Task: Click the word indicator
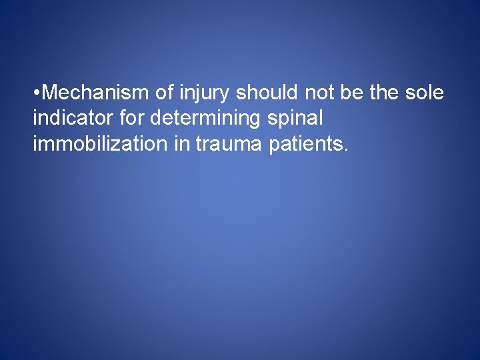[72, 119]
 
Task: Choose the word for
[131, 119]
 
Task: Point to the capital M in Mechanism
[48, 93]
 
